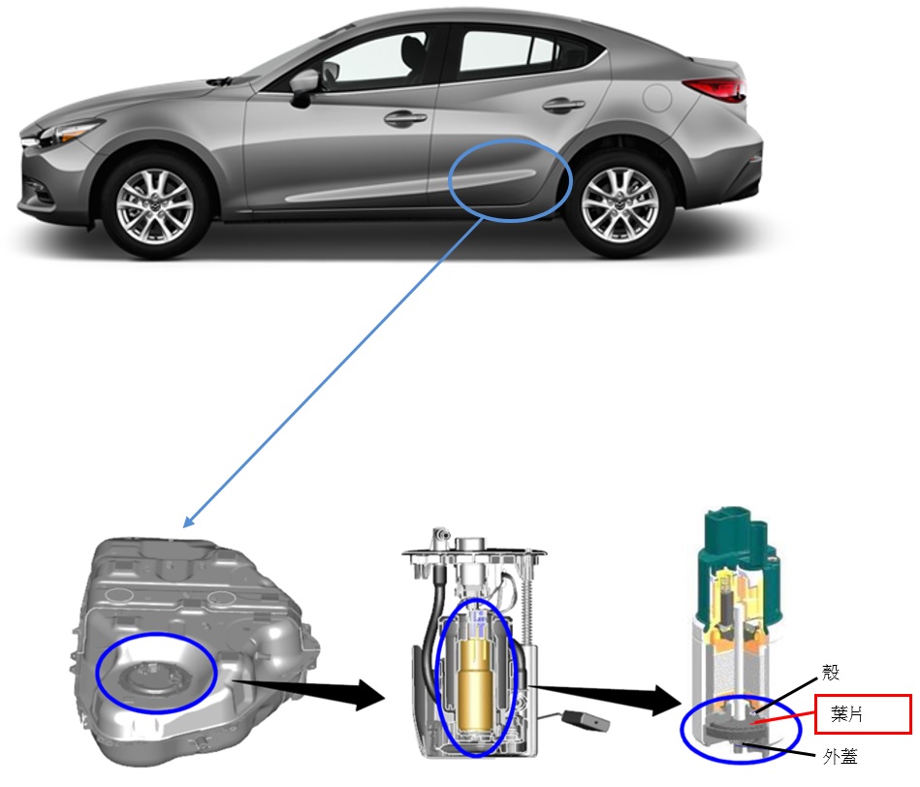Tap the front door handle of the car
[x=405, y=118]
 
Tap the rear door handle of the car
[x=564, y=105]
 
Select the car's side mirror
[x=305, y=85]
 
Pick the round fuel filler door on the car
[x=657, y=98]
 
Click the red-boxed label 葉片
[x=846, y=714]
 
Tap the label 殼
[x=831, y=672]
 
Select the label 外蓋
[x=840, y=757]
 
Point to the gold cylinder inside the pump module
[x=479, y=686]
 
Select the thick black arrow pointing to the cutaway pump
[x=604, y=697]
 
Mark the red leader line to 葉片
[x=782, y=718]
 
